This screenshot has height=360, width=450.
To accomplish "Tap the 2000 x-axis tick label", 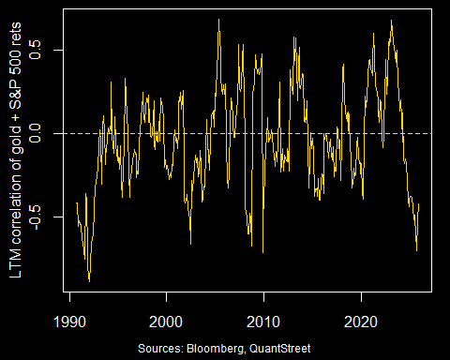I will [x=166, y=320].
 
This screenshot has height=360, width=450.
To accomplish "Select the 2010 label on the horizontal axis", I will [x=263, y=320].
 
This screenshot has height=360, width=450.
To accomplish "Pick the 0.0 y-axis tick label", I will [x=37, y=133].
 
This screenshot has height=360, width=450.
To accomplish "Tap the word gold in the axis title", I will [x=16, y=130].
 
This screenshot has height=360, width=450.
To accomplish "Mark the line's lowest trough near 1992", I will [x=89, y=280].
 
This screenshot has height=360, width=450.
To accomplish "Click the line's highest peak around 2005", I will [x=218, y=19].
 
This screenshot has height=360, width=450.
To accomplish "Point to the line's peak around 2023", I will [x=391, y=21].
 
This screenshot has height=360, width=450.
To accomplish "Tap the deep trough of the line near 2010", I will [x=262, y=252].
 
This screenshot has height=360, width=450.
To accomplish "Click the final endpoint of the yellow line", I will [x=418, y=204].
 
